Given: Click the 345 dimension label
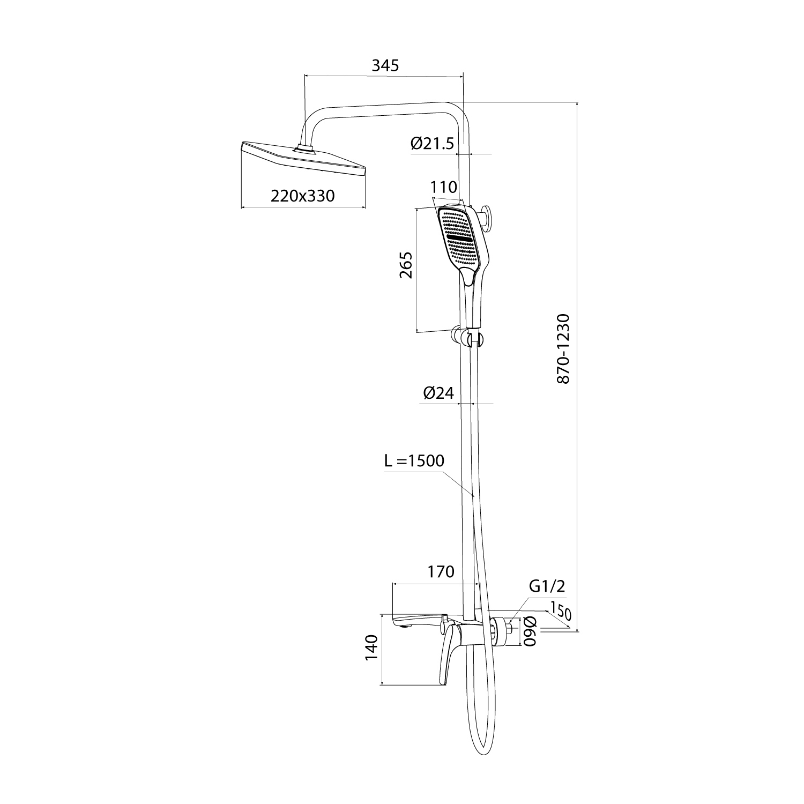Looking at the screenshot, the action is [386, 65].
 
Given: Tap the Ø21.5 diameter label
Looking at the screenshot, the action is [433, 144].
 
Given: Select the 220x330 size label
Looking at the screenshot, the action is [303, 196].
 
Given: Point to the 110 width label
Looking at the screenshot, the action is [444, 187].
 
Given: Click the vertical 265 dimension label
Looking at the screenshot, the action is [406, 265].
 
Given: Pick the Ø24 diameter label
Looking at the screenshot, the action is [438, 393].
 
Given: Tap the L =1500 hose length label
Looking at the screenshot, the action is [414, 461].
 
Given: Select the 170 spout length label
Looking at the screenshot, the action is [441, 572].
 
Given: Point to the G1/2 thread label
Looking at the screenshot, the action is [547, 586].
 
